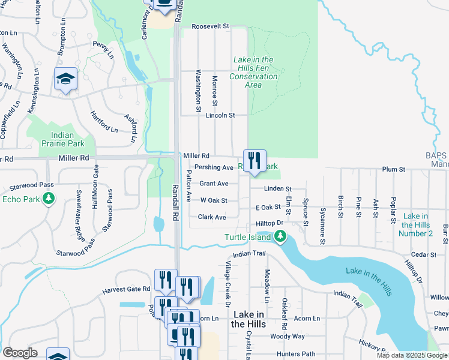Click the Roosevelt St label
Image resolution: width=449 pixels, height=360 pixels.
point(211,26)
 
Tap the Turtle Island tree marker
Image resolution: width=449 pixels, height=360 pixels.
point(280,238)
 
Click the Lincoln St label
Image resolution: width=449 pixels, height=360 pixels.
point(219,115)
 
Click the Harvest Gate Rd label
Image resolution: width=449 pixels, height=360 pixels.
point(126,289)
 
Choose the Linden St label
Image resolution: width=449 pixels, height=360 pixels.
point(278,189)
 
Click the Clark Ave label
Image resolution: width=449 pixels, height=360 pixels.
point(212,217)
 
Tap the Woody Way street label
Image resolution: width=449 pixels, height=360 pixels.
point(288,337)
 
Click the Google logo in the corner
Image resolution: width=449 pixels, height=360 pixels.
point(20,353)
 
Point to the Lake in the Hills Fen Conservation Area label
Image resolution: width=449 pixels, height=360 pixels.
point(254,72)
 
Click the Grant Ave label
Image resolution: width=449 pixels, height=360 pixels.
point(214,184)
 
